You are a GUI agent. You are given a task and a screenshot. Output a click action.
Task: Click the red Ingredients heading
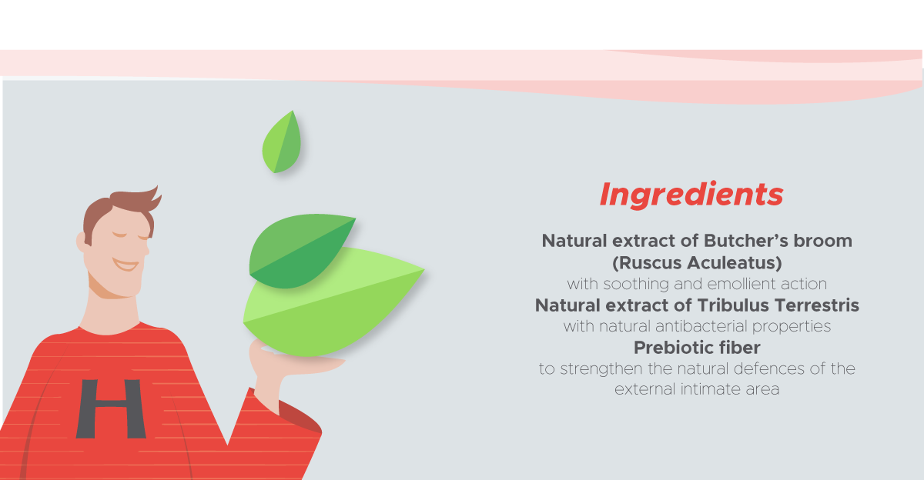click(691, 195)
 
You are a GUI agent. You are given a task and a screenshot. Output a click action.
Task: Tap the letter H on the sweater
click(111, 408)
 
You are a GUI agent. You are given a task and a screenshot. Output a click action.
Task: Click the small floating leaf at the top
click(282, 142)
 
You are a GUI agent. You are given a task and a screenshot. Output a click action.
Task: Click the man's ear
click(82, 242)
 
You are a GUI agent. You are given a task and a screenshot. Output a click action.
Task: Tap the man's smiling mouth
click(126, 265)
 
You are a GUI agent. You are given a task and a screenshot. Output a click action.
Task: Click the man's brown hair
click(119, 210)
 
